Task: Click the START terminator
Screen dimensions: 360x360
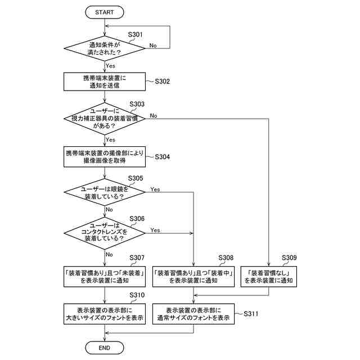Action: [105, 11]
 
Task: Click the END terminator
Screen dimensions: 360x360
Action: [105, 348]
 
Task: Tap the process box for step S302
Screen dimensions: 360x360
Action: [104, 82]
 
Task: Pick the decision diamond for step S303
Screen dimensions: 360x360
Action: [105, 118]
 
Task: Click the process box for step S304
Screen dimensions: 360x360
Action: [104, 156]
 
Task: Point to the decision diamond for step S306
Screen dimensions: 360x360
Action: [105, 231]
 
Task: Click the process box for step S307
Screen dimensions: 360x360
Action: [104, 276]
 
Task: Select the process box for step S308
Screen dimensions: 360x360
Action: [193, 276]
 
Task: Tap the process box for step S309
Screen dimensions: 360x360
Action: [269, 276]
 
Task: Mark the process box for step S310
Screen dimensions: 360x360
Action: [104, 314]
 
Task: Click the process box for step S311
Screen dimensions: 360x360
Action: [193, 314]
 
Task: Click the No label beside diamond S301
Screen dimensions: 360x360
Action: [153, 46]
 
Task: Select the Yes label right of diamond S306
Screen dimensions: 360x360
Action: [155, 230]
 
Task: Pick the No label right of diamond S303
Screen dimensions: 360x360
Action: [154, 116]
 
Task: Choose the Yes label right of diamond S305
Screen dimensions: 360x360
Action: [155, 190]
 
